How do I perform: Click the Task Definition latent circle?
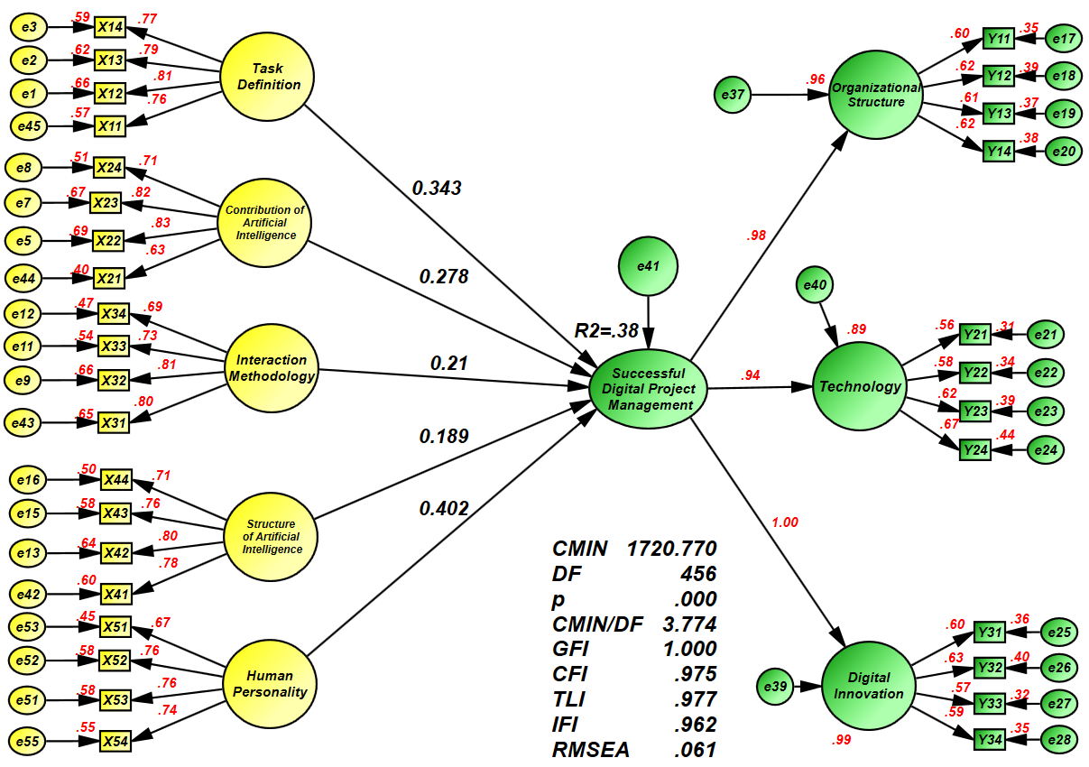pos(267,78)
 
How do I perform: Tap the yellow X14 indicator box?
pos(111,28)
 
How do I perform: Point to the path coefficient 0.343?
pos(437,189)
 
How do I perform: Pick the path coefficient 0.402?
pos(444,509)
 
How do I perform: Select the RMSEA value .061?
pos(695,749)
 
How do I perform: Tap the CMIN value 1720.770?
pos(672,549)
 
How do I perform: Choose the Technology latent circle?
pos(859,387)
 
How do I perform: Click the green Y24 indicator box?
pos(975,448)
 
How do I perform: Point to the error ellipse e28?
pos(1061,740)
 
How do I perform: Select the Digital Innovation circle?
pos(868,686)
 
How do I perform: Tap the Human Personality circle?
pos(270,685)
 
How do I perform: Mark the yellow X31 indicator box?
pos(113,420)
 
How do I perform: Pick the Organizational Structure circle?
pos(875,96)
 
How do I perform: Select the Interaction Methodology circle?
pos(272,368)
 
